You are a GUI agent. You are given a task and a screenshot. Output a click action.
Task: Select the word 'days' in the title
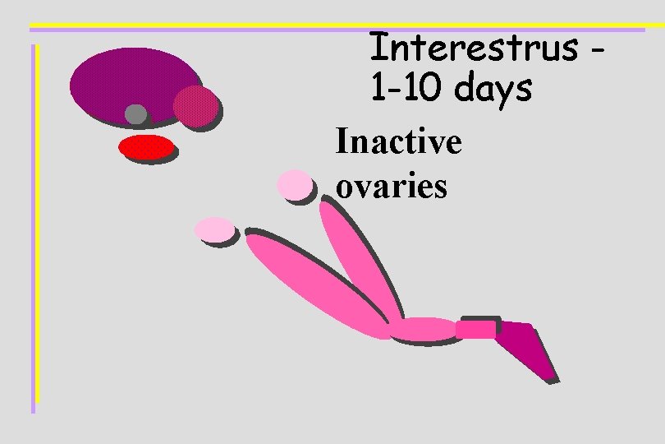pyautogui.click(x=496, y=89)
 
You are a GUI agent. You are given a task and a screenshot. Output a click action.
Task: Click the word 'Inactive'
pyautogui.click(x=398, y=143)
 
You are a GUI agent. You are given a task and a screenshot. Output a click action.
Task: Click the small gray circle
pyautogui.click(x=135, y=113)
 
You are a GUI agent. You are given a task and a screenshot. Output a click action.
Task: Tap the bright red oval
pyautogui.click(x=146, y=147)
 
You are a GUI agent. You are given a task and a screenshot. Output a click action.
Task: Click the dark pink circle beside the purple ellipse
pyautogui.click(x=195, y=106)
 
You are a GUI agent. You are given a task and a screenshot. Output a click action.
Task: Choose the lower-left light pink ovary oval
pyautogui.click(x=214, y=229)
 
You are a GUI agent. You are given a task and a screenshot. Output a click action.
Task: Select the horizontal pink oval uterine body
pyautogui.click(x=423, y=329)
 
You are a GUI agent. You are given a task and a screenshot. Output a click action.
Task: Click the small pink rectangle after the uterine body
pyautogui.click(x=475, y=330)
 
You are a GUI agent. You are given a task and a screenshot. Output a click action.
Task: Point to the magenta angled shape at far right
pyautogui.click(x=525, y=348)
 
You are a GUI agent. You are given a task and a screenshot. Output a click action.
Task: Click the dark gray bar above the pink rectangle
pyautogui.click(x=480, y=318)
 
